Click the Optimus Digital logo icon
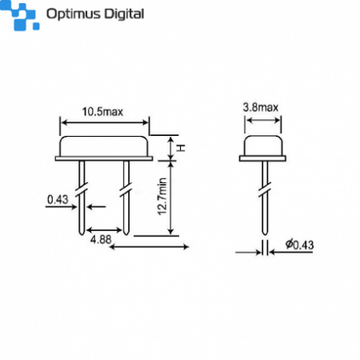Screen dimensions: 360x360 [x=22, y=15]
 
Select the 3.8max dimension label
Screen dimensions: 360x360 [x=262, y=107]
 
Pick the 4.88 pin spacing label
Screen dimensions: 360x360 [x=101, y=238]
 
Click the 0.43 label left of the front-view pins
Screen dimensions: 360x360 [x=57, y=198]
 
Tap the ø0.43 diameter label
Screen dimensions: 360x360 [x=298, y=245]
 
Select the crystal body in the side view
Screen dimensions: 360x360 [x=263, y=148]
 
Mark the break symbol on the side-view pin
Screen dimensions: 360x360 [x=263, y=192]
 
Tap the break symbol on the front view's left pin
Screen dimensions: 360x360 [x=81, y=192]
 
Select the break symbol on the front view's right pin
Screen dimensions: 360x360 [x=126, y=192]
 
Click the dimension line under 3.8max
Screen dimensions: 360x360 [x=263, y=122]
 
